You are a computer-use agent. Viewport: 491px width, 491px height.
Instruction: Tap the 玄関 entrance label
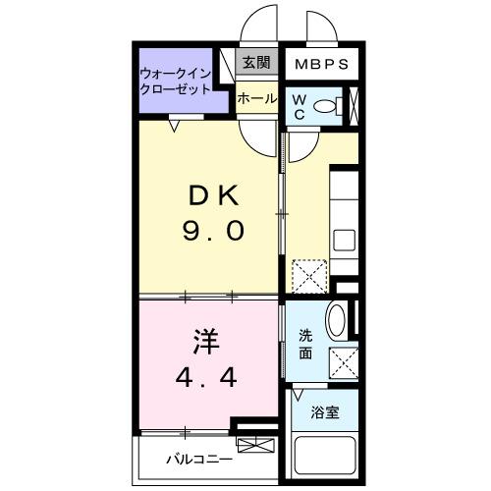256,64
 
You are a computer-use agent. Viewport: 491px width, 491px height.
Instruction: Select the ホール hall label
256,98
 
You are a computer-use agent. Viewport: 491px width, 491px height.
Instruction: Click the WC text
300,106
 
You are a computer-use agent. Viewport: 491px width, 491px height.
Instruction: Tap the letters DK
211,195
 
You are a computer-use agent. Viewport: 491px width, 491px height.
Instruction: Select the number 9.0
211,232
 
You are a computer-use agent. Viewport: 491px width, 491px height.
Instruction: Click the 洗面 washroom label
305,345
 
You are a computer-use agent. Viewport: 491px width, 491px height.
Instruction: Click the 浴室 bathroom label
326,412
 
